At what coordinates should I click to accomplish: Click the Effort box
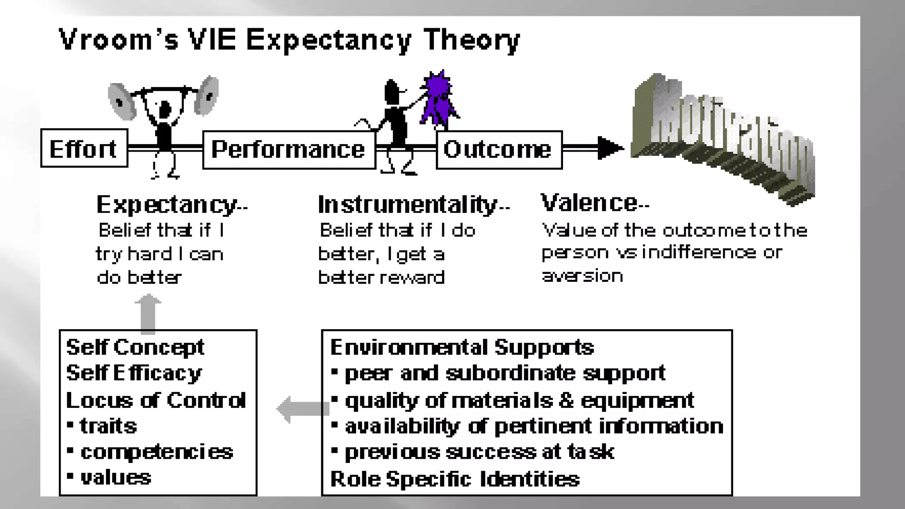(x=84, y=148)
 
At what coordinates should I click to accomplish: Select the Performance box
(x=289, y=150)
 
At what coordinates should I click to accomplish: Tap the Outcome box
(x=499, y=150)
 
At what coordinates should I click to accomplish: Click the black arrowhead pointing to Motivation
(x=610, y=148)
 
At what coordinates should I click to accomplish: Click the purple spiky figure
(x=437, y=99)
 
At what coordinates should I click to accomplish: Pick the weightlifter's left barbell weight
(x=121, y=102)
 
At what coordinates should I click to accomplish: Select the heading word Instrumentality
(x=407, y=205)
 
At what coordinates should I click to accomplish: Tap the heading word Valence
(x=589, y=203)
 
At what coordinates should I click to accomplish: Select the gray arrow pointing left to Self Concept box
(x=303, y=409)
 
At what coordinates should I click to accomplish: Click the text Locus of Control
(x=156, y=400)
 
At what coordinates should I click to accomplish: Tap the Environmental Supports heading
(x=462, y=347)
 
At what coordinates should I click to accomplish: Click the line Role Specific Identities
(x=455, y=479)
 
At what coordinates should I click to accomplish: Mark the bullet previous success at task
(x=479, y=452)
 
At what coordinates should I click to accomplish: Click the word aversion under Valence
(x=582, y=276)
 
